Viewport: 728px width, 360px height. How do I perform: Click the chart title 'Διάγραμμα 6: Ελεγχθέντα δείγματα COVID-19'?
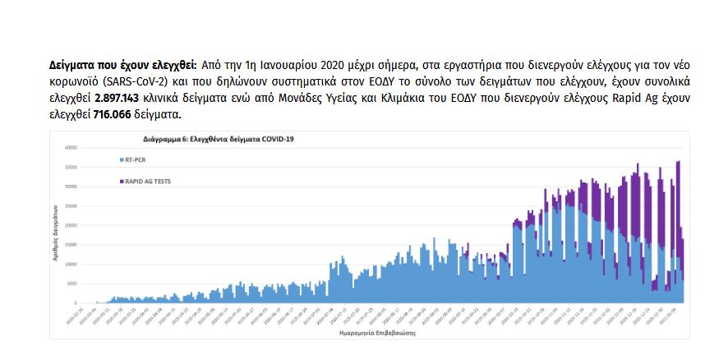tap(218, 140)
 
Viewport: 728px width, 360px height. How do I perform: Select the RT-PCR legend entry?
tap(136, 159)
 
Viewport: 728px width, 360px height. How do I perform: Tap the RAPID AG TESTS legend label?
tap(148, 180)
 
